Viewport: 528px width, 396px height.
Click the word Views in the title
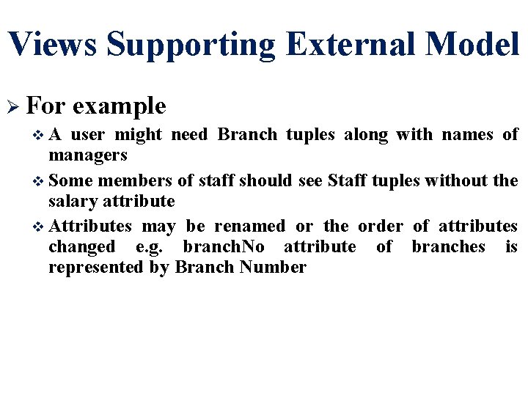tap(52, 44)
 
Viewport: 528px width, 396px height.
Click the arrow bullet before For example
tap(12, 107)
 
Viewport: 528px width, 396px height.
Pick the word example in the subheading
tap(120, 107)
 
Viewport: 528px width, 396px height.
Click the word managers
tap(88, 155)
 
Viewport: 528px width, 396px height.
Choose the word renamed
tap(250, 226)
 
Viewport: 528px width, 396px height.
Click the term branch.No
tap(223, 246)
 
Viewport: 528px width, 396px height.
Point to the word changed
tap(81, 246)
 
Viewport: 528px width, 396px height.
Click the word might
tap(138, 135)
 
